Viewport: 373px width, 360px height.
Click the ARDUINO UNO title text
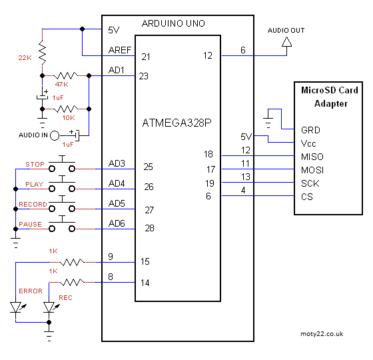[x=173, y=23]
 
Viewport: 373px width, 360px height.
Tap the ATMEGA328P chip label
[x=177, y=123]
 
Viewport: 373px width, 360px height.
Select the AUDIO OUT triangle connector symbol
[x=287, y=43]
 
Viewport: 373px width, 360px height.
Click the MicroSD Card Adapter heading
[x=330, y=97]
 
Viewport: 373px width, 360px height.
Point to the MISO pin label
[x=312, y=157]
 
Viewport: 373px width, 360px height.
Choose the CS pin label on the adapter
[x=306, y=197]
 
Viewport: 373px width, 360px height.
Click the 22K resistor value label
[x=25, y=58]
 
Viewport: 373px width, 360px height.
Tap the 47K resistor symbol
[x=66, y=76]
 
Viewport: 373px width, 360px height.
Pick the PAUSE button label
[x=31, y=225]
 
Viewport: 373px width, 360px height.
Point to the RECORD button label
[x=33, y=205]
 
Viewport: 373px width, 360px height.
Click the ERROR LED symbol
[x=15, y=307]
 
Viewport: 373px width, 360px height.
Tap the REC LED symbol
[x=48, y=307]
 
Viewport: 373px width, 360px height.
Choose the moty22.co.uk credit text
[x=322, y=333]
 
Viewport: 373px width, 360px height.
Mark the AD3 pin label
[x=117, y=163]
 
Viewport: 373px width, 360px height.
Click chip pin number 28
[x=149, y=229]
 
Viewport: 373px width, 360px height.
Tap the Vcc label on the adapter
[x=308, y=143]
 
